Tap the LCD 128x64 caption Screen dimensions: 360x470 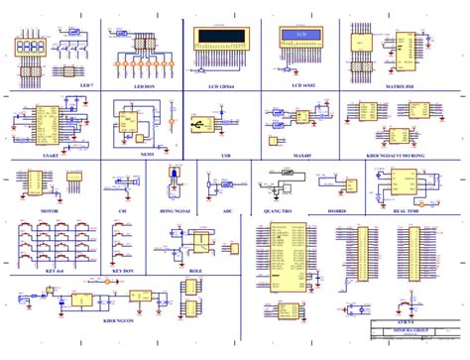click(x=221, y=86)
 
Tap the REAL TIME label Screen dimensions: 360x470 click(x=405, y=211)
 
